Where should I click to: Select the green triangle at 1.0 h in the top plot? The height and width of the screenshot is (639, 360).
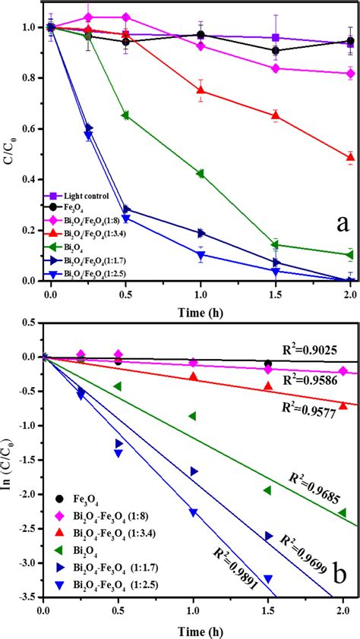click(201, 173)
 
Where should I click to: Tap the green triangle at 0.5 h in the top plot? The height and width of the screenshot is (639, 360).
click(125, 115)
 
